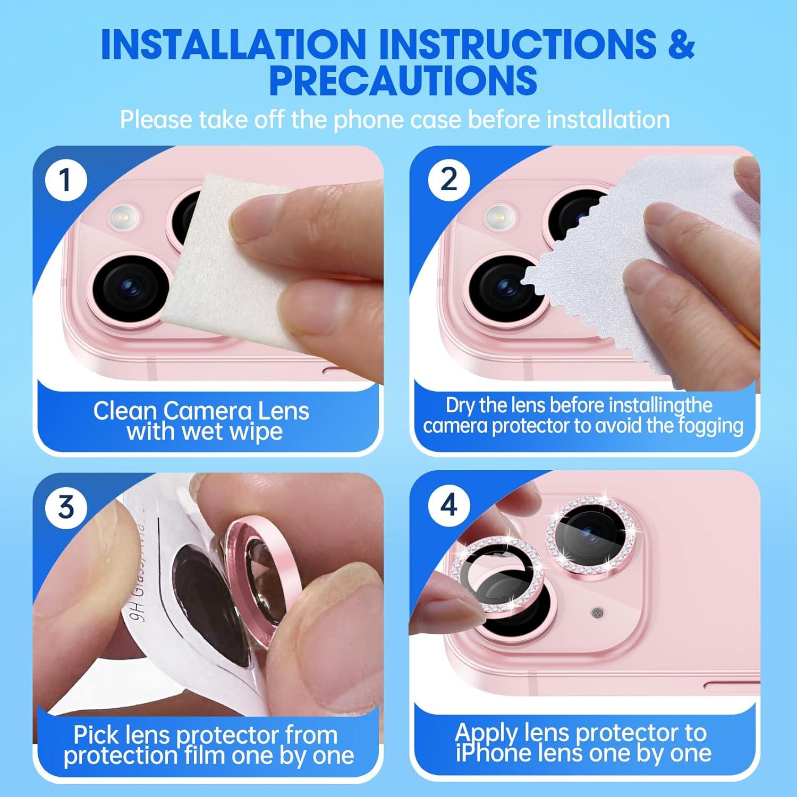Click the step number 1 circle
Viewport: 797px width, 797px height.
(x=65, y=180)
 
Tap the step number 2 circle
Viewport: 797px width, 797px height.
(x=449, y=180)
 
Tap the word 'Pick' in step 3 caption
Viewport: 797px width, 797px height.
(x=95, y=735)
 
